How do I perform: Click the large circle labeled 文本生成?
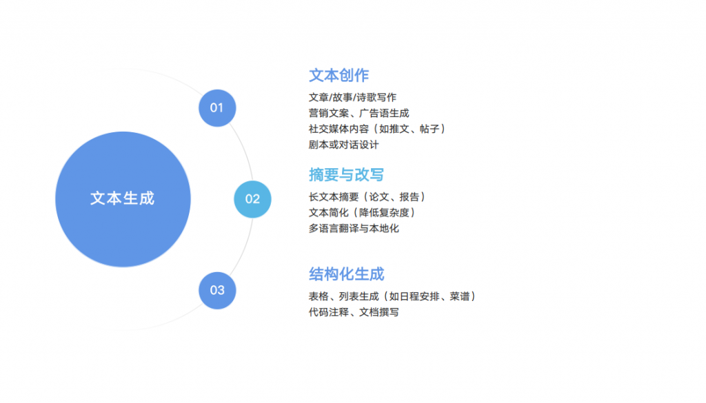pos(123,199)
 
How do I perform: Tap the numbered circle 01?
pos(217,108)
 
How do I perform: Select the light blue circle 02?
pos(252,199)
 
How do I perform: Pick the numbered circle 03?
pos(217,291)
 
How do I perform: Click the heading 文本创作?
pos(339,76)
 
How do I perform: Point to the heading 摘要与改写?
pos(346,175)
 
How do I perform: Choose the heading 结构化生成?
pos(346,274)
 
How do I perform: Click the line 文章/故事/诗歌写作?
pos(352,97)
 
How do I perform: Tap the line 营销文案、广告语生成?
pos(359,113)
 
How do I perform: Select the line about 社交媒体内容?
pos(377,129)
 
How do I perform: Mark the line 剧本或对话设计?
pos(343,145)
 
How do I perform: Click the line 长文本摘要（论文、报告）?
pos(367,197)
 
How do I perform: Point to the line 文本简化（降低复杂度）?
pos(362,213)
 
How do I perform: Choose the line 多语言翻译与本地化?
pos(354,229)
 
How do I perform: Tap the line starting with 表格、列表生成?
pos(392,296)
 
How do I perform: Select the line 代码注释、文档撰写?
pos(354,312)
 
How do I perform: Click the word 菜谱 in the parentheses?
pos(459,296)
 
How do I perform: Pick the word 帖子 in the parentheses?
pos(430,129)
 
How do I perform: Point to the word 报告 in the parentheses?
pos(410,197)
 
